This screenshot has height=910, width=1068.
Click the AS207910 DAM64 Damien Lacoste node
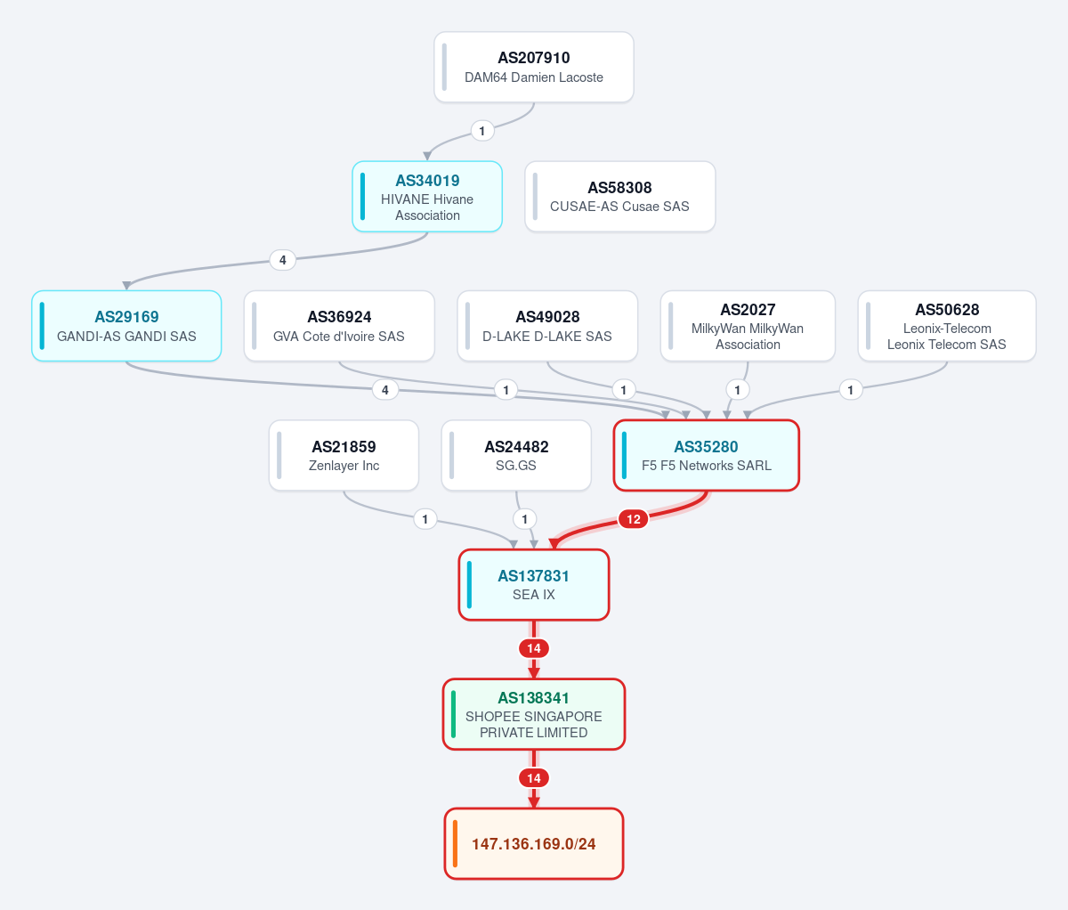(534, 67)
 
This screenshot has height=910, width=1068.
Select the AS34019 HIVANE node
(427, 197)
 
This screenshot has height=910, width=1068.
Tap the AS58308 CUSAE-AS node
(620, 197)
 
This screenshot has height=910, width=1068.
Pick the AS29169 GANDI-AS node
(126, 326)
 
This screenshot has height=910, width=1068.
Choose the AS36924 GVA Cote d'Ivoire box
(339, 326)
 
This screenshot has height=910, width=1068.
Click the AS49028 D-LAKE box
(547, 326)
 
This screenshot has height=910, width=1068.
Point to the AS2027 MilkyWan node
(748, 326)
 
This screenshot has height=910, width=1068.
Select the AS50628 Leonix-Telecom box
(947, 326)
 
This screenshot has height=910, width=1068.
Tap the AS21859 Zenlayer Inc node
(344, 455)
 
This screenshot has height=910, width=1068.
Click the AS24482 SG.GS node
(516, 455)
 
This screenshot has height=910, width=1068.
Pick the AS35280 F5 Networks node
(707, 455)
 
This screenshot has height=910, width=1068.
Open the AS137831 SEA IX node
(534, 585)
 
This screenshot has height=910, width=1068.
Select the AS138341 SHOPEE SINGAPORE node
(534, 714)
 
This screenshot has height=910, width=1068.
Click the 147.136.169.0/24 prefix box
(534, 843)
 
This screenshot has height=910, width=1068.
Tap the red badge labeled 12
(634, 518)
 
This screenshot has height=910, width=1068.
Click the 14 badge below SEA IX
(534, 648)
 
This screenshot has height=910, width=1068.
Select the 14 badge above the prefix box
(534, 777)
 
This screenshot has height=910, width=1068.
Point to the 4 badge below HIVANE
(283, 260)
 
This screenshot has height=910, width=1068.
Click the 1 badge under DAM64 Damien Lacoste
(482, 130)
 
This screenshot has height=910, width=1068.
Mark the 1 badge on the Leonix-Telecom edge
(851, 389)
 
